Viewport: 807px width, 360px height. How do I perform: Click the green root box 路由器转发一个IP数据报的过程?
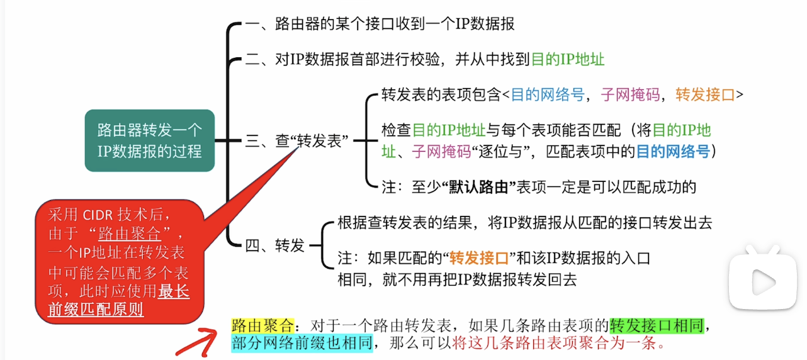coord(149,140)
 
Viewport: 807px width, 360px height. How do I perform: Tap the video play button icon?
coord(764,279)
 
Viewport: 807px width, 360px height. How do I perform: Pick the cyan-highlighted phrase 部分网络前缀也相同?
coord(302,344)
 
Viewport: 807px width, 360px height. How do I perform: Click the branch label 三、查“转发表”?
coord(297,140)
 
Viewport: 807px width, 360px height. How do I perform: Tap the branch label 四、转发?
coord(274,245)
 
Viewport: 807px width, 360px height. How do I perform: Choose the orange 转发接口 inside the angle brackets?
coord(705,94)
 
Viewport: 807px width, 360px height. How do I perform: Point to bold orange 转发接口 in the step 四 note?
coord(479,259)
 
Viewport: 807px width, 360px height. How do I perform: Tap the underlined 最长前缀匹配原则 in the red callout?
coord(119,300)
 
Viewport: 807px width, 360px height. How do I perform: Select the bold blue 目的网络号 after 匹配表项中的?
coord(673,151)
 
